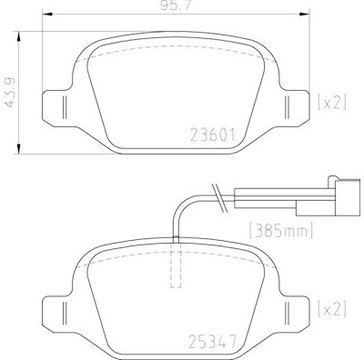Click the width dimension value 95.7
click(176, 5)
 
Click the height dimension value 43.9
click(11, 93)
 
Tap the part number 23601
click(213, 135)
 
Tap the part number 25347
click(212, 342)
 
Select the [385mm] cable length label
click(281, 231)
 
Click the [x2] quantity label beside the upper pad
click(332, 102)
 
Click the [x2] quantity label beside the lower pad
click(332, 309)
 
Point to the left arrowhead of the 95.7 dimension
click(47, 14)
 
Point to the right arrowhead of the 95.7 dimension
click(305, 14)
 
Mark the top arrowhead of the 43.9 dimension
click(19, 36)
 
